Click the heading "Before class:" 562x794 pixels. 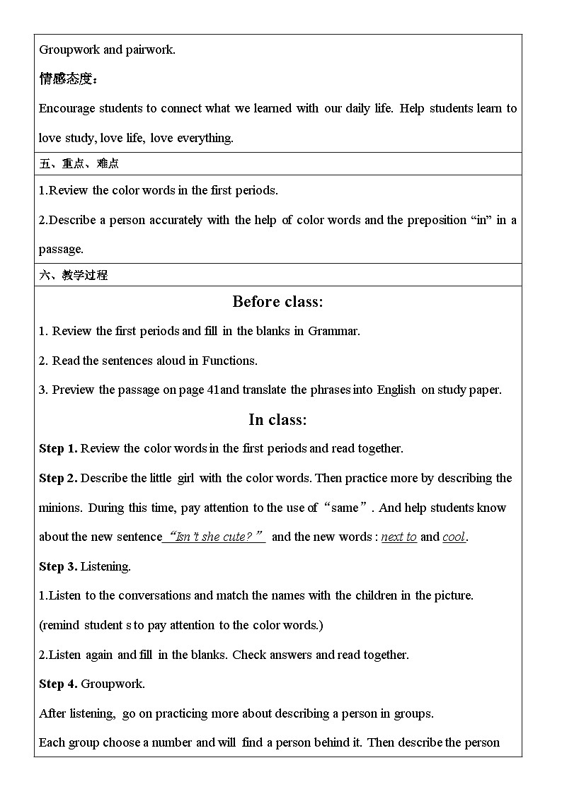point(277,302)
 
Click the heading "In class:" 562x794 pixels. point(277,420)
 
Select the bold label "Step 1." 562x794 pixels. point(58,448)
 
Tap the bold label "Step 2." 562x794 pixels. point(58,478)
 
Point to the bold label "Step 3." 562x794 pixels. point(58,566)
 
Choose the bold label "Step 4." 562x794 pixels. point(58,684)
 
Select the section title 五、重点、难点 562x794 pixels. point(79,164)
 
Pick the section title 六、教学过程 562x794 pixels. point(74,275)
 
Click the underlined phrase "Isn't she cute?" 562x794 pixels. point(214,537)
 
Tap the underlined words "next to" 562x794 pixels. point(398,537)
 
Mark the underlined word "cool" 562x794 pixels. point(454,537)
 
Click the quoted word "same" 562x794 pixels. point(345,508)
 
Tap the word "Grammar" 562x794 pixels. point(333,331)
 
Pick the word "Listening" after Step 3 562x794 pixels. point(105,566)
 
